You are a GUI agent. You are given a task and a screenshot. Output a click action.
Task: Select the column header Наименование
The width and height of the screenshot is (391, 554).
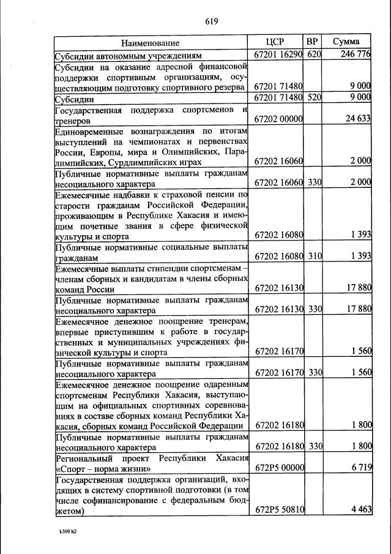(150, 43)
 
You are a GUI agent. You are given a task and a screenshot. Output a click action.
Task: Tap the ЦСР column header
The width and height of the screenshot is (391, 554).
(276, 42)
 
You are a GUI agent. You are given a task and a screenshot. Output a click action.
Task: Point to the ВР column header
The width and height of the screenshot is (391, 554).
(313, 42)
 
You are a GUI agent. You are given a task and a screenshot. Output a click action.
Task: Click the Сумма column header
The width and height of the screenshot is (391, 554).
(346, 42)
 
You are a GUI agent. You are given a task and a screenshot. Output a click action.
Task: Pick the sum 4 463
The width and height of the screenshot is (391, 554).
(361, 509)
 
